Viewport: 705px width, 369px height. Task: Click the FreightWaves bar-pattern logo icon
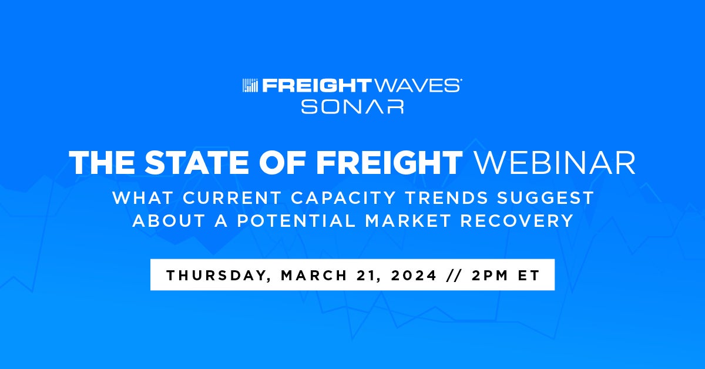(250, 86)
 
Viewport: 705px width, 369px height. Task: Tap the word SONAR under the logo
(352, 106)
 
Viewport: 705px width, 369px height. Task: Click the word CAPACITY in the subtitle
(343, 198)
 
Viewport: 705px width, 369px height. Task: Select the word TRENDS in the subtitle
(446, 198)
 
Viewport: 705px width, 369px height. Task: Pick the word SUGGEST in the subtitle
(545, 198)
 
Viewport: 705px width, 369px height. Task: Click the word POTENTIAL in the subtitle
(297, 221)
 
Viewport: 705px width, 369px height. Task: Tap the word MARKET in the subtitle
(408, 221)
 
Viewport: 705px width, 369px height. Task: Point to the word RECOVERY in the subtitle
(517, 221)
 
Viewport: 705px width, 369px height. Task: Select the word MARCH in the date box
(314, 275)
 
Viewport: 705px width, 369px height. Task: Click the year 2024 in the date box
(414, 275)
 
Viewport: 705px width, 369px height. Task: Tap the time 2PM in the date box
(490, 275)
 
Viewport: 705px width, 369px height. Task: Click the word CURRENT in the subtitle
(232, 198)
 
